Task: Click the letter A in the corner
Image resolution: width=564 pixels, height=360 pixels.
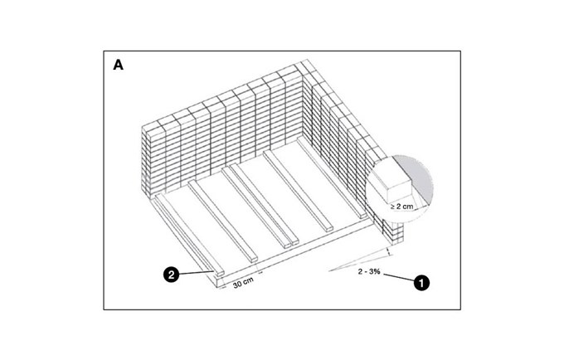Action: click(x=118, y=65)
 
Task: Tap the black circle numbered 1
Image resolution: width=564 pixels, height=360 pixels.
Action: click(x=421, y=283)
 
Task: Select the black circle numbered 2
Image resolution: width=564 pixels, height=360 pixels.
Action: click(x=171, y=275)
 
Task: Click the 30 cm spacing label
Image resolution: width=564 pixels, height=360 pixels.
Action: click(x=243, y=282)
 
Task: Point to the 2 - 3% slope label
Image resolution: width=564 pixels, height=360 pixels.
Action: click(x=369, y=271)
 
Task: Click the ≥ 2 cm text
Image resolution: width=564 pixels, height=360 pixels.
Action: click(x=401, y=207)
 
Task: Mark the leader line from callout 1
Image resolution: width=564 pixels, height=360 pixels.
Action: click(x=399, y=277)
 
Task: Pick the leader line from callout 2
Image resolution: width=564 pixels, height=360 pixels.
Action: click(x=197, y=273)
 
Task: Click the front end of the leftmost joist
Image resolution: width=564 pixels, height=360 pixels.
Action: click(x=220, y=273)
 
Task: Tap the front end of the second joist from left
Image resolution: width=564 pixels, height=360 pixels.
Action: click(x=254, y=259)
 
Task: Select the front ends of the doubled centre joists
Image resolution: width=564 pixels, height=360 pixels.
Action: click(x=291, y=244)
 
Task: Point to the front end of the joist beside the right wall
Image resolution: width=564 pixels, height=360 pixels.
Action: click(x=362, y=216)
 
